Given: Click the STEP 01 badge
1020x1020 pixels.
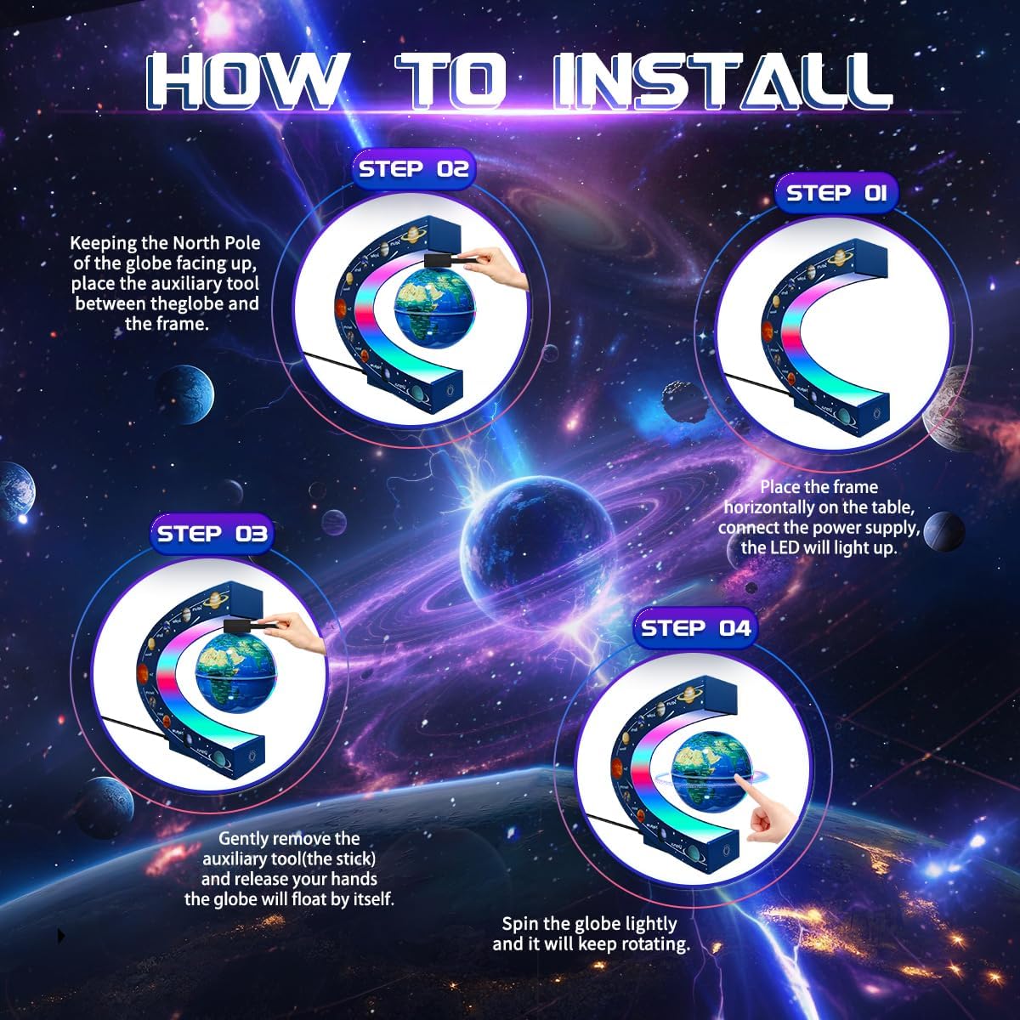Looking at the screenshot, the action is coord(836,194).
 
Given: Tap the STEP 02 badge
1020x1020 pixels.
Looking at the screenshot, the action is coord(414,169).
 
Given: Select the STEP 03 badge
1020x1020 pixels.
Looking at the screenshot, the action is coord(212,534).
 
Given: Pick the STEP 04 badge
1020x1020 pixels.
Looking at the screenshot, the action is coord(695,628).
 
